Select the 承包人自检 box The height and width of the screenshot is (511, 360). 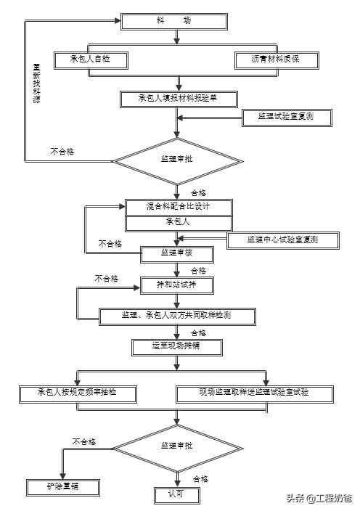pos(91,59)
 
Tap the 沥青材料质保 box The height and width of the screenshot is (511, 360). pos(277,60)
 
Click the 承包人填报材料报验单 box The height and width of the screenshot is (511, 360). pos(179,98)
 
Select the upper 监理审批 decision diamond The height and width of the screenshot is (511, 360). pos(176,159)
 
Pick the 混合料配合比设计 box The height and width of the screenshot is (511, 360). pos(179,206)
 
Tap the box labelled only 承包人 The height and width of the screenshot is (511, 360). pos(179,222)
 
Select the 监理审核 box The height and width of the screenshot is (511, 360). pos(176,254)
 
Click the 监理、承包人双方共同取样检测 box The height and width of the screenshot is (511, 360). pos(177,316)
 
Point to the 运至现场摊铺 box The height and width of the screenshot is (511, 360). pos(176,347)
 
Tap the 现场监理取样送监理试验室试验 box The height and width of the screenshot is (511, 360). pos(255,393)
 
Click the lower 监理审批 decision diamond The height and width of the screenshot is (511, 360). pos(176,445)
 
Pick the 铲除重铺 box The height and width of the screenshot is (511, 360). pos(62,486)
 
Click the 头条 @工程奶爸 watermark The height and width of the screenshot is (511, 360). pos(318,498)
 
